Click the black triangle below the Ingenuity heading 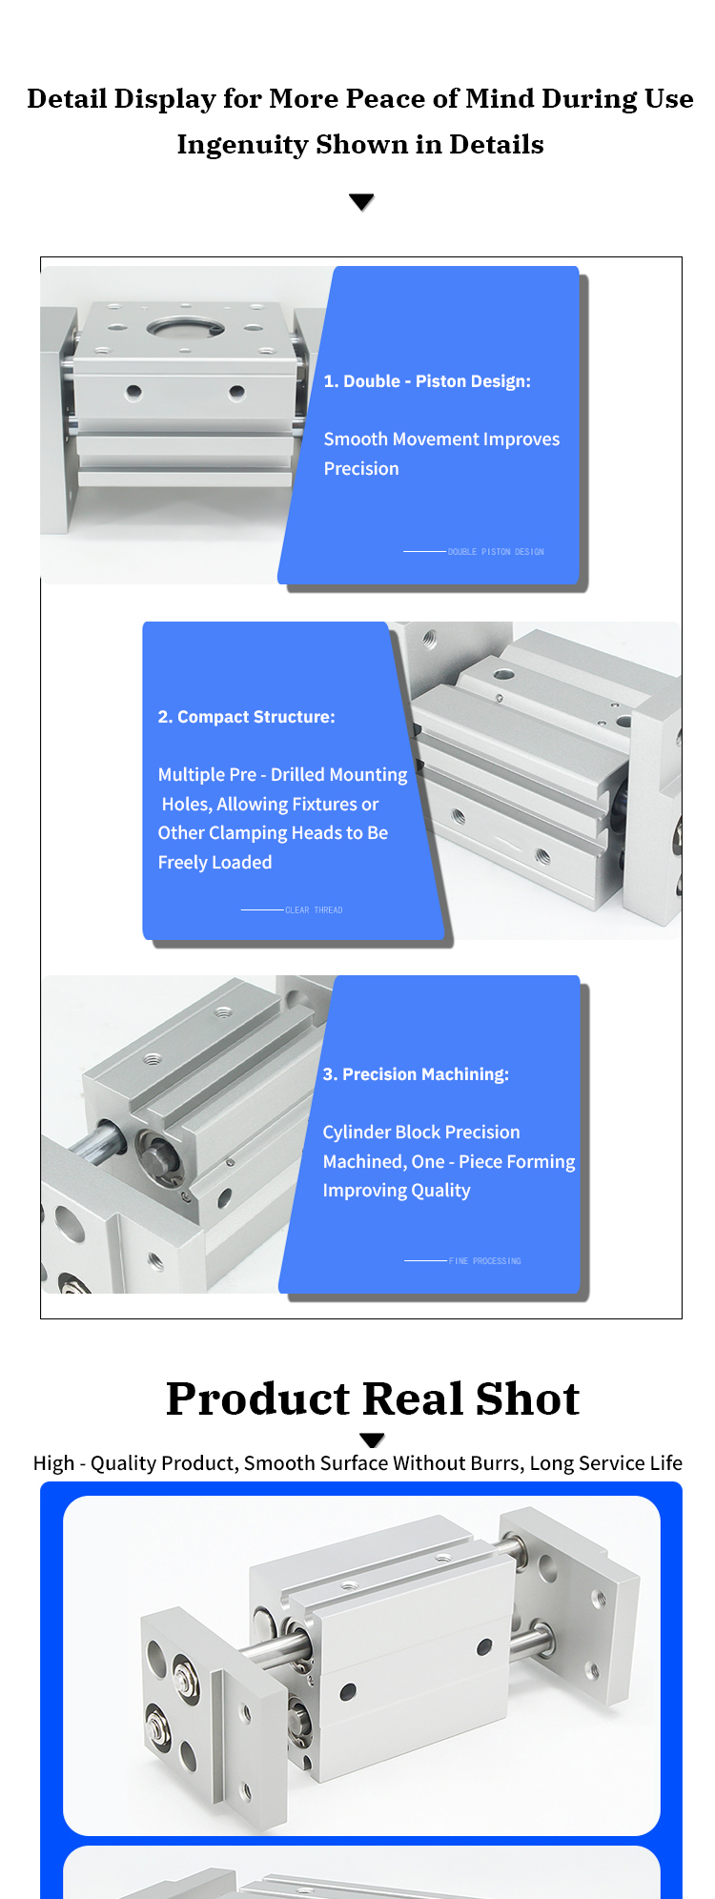tap(361, 201)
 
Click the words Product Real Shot tap(373, 1399)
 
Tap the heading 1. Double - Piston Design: tap(427, 381)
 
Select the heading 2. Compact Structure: tap(247, 717)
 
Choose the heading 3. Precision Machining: tap(416, 1074)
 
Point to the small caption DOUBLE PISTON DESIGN tap(496, 552)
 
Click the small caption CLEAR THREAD tap(314, 910)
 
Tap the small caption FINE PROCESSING tap(485, 1261)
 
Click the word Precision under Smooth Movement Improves tap(361, 469)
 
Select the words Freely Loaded tap(214, 863)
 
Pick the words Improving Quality tap(397, 1191)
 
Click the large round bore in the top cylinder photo tap(186, 329)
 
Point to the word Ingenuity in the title tap(241, 145)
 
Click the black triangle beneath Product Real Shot tap(373, 1440)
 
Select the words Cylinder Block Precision tap(421, 1133)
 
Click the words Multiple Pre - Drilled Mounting tap(282, 775)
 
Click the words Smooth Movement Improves tap(441, 439)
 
